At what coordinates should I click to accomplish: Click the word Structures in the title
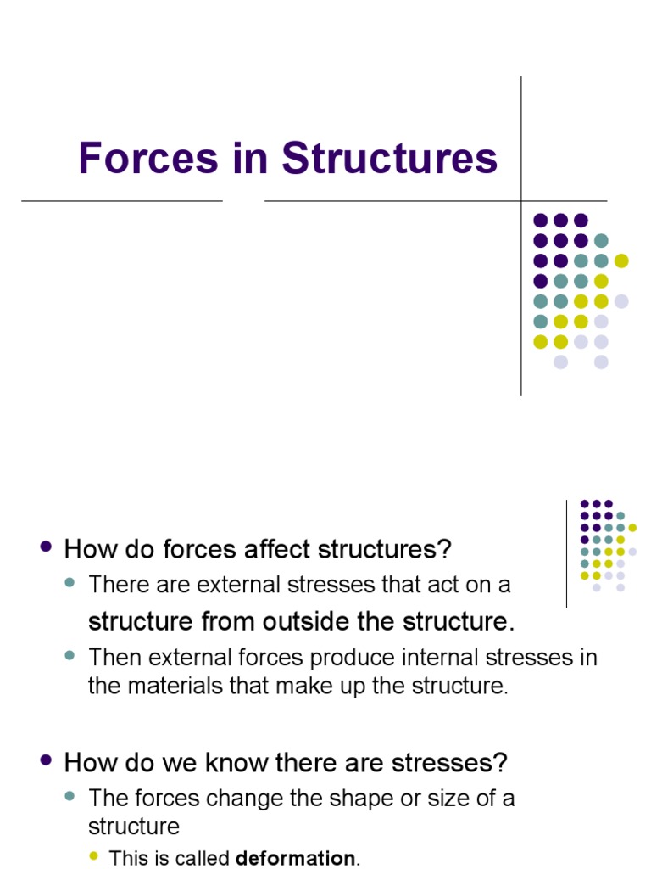(390, 158)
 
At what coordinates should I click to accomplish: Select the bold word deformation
(295, 858)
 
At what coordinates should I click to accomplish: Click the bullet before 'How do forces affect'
(47, 547)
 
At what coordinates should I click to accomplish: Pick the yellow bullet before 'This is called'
(95, 856)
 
